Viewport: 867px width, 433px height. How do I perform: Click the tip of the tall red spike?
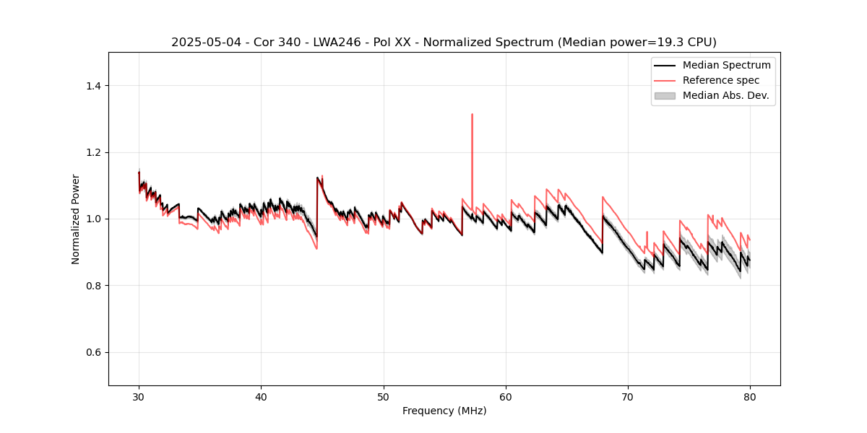pyautogui.click(x=472, y=114)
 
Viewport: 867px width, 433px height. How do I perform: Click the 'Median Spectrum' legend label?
pyautogui.click(x=726, y=65)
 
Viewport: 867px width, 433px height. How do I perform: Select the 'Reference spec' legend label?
pyautogui.click(x=720, y=80)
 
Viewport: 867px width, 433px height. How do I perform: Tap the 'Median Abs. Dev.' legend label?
pyautogui.click(x=726, y=95)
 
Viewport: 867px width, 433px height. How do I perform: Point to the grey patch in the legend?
pyautogui.click(x=665, y=95)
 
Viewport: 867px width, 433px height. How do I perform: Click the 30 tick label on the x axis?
pyautogui.click(x=139, y=396)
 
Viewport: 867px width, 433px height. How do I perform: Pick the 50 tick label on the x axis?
pyautogui.click(x=383, y=396)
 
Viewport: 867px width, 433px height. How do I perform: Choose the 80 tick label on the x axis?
pyautogui.click(x=750, y=396)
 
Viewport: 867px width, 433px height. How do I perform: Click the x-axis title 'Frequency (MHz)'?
pyautogui.click(x=444, y=411)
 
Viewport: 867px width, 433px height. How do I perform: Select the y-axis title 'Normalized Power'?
pyautogui.click(x=76, y=219)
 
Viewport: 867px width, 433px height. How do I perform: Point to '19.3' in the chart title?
pyautogui.click(x=663, y=43)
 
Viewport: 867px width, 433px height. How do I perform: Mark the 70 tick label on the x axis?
pyautogui.click(x=628, y=396)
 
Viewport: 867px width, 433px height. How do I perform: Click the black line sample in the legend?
pyautogui.click(x=665, y=65)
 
